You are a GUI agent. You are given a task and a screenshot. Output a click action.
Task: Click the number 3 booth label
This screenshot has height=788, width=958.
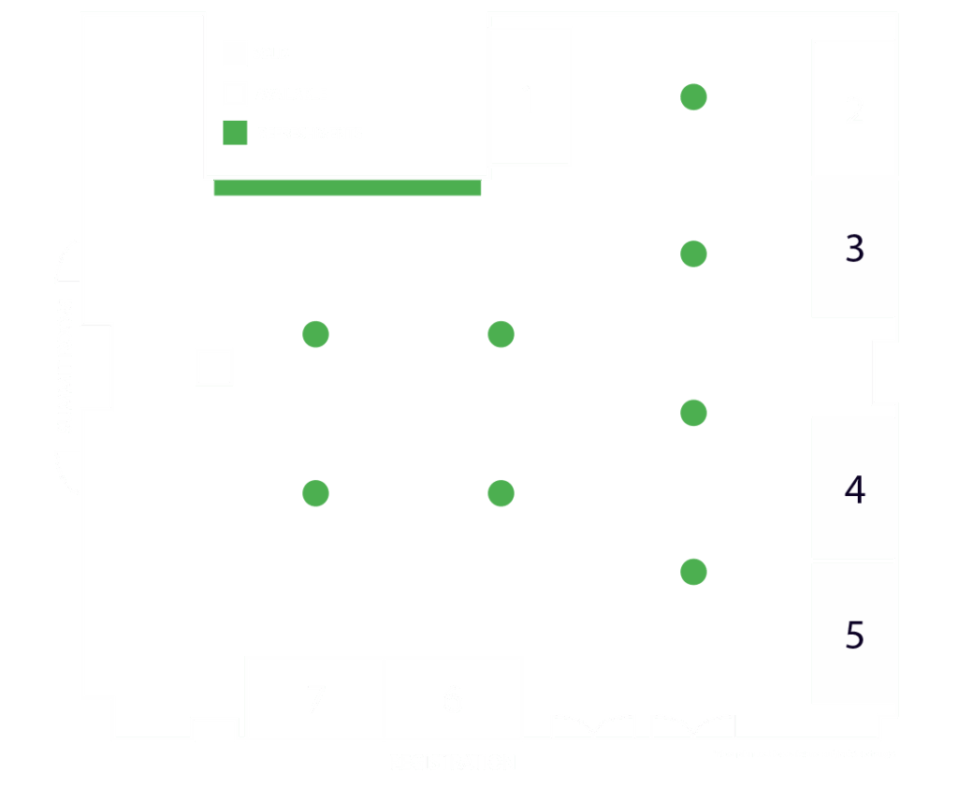pyautogui.click(x=854, y=249)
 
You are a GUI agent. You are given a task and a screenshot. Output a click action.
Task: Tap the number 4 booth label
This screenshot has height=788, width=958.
pyautogui.click(x=854, y=489)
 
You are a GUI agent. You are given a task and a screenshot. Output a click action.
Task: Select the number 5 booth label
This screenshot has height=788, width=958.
pyautogui.click(x=854, y=635)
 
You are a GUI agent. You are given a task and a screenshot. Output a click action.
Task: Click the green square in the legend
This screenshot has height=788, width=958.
pyautogui.click(x=235, y=133)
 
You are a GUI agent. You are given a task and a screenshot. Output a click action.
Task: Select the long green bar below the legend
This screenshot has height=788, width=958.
pyautogui.click(x=347, y=188)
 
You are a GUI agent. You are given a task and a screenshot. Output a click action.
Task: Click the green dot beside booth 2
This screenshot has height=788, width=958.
pyautogui.click(x=693, y=96)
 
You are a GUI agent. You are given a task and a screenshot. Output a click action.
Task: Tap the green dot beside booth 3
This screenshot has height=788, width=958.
pyautogui.click(x=693, y=254)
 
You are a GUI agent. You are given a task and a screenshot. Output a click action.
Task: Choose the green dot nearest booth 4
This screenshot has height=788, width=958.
pyautogui.click(x=693, y=413)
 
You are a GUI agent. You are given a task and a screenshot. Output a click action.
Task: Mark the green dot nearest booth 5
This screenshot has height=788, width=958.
pyautogui.click(x=693, y=572)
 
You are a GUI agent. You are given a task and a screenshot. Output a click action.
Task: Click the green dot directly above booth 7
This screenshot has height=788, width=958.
pyautogui.click(x=316, y=493)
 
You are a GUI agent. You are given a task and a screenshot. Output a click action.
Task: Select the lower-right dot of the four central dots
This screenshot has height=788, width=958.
pyautogui.click(x=501, y=493)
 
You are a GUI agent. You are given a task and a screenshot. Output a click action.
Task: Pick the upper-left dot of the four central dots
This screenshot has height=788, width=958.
pyautogui.click(x=316, y=334)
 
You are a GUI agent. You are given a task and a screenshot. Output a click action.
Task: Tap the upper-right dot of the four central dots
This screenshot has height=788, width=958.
pyautogui.click(x=501, y=334)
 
